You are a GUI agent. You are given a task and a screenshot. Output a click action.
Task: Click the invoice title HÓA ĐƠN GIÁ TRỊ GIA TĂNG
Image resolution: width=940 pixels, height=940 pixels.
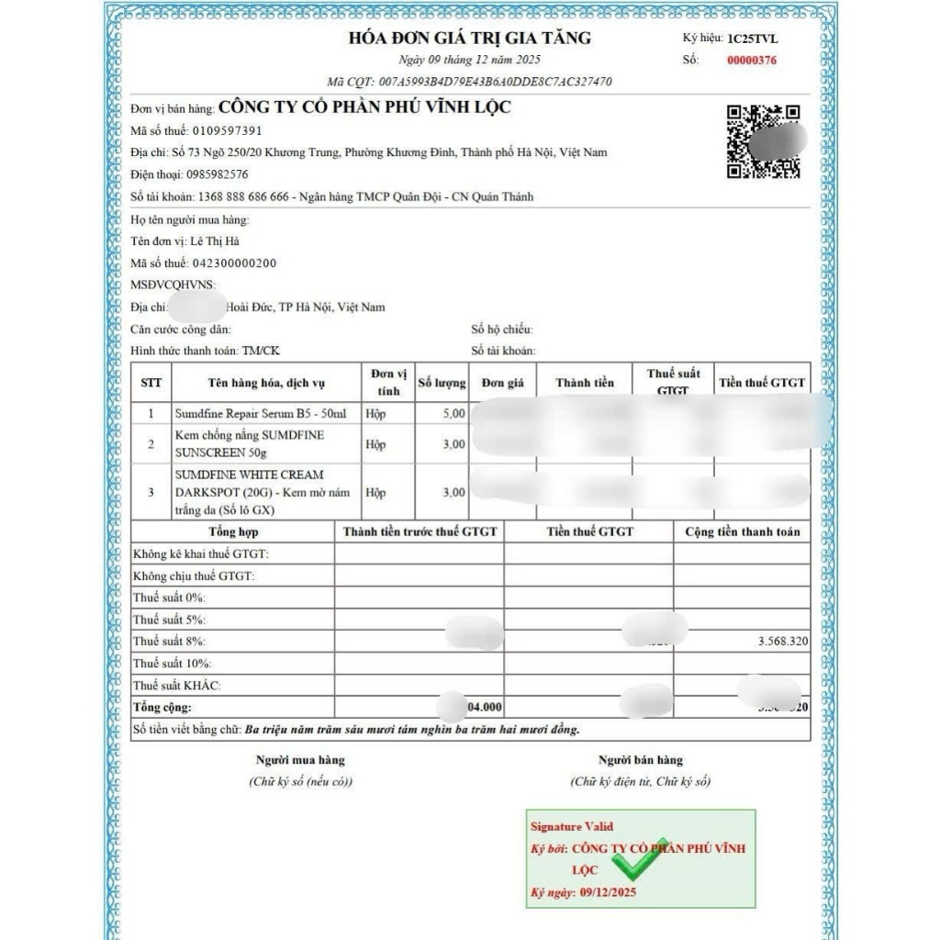(469, 38)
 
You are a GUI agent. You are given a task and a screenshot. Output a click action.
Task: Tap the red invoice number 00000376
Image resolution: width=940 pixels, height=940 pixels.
(751, 61)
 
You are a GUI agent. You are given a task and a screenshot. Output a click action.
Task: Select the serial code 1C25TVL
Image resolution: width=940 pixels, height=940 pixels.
(753, 39)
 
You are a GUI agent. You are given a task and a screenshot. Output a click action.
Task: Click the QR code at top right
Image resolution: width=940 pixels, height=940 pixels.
(763, 141)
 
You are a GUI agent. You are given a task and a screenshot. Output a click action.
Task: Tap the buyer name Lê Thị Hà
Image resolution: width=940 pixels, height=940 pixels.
(215, 241)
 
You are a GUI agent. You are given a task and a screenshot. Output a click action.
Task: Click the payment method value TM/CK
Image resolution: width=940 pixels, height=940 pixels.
(263, 351)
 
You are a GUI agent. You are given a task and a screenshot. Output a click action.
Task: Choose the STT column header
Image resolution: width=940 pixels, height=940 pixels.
(151, 383)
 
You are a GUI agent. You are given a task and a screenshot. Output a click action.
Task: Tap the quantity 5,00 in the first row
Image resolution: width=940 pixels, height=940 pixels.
(453, 414)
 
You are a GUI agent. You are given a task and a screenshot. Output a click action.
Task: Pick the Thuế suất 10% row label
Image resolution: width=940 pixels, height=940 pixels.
(172, 664)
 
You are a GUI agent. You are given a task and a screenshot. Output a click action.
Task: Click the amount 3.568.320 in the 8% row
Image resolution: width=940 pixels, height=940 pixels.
(782, 642)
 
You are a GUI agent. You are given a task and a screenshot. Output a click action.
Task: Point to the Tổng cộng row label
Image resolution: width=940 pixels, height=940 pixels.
(162, 708)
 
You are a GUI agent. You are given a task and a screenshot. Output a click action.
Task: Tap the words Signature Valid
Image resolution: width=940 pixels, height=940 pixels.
(572, 827)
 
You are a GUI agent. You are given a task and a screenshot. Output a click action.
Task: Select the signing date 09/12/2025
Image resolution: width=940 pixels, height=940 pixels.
(608, 892)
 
